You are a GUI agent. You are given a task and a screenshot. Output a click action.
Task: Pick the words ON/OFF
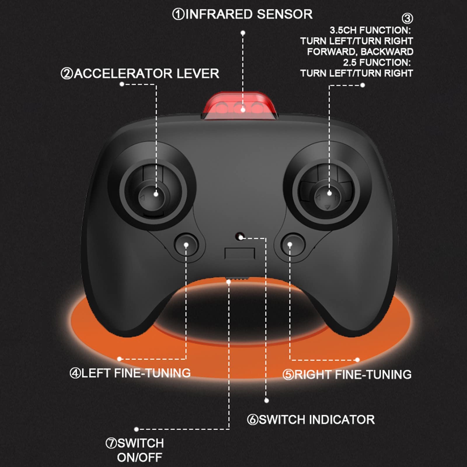(x=140, y=457)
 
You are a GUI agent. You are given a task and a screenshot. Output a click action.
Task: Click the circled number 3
(x=407, y=18)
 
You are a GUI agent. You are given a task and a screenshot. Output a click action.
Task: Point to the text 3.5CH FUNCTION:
(x=370, y=30)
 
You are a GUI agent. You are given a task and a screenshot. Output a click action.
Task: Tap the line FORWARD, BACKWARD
(x=360, y=52)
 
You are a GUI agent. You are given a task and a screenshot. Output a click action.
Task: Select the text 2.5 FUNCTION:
(x=377, y=62)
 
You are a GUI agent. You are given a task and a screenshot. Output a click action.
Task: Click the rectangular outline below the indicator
(x=240, y=254)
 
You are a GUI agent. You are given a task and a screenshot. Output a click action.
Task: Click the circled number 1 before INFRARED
(x=178, y=14)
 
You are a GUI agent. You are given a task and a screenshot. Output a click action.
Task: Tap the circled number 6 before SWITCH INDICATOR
(x=252, y=420)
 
